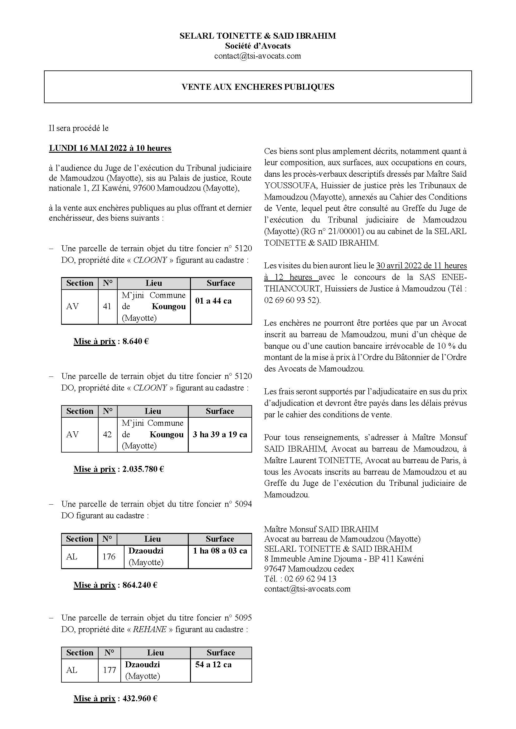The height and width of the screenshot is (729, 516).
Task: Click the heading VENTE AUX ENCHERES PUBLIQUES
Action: pos(258,87)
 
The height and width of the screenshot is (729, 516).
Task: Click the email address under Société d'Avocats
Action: pos(257,56)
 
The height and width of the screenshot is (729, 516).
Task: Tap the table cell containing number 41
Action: pos(107,306)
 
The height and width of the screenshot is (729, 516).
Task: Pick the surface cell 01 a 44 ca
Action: pos(213,301)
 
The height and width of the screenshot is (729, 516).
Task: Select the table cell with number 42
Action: pos(107,434)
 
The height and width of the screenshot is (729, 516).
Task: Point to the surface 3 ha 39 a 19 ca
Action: pos(220,434)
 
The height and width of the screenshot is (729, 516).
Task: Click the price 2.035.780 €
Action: pos(143,469)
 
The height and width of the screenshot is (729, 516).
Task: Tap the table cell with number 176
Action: pos(109,556)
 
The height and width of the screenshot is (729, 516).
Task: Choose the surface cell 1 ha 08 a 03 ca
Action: pos(220,551)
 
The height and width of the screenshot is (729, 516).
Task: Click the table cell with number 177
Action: pos(109,670)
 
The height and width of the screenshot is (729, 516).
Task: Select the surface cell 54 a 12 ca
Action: pos(213,664)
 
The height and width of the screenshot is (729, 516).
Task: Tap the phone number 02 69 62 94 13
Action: pos(310,579)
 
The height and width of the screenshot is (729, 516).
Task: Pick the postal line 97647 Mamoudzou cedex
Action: pos(309,569)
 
